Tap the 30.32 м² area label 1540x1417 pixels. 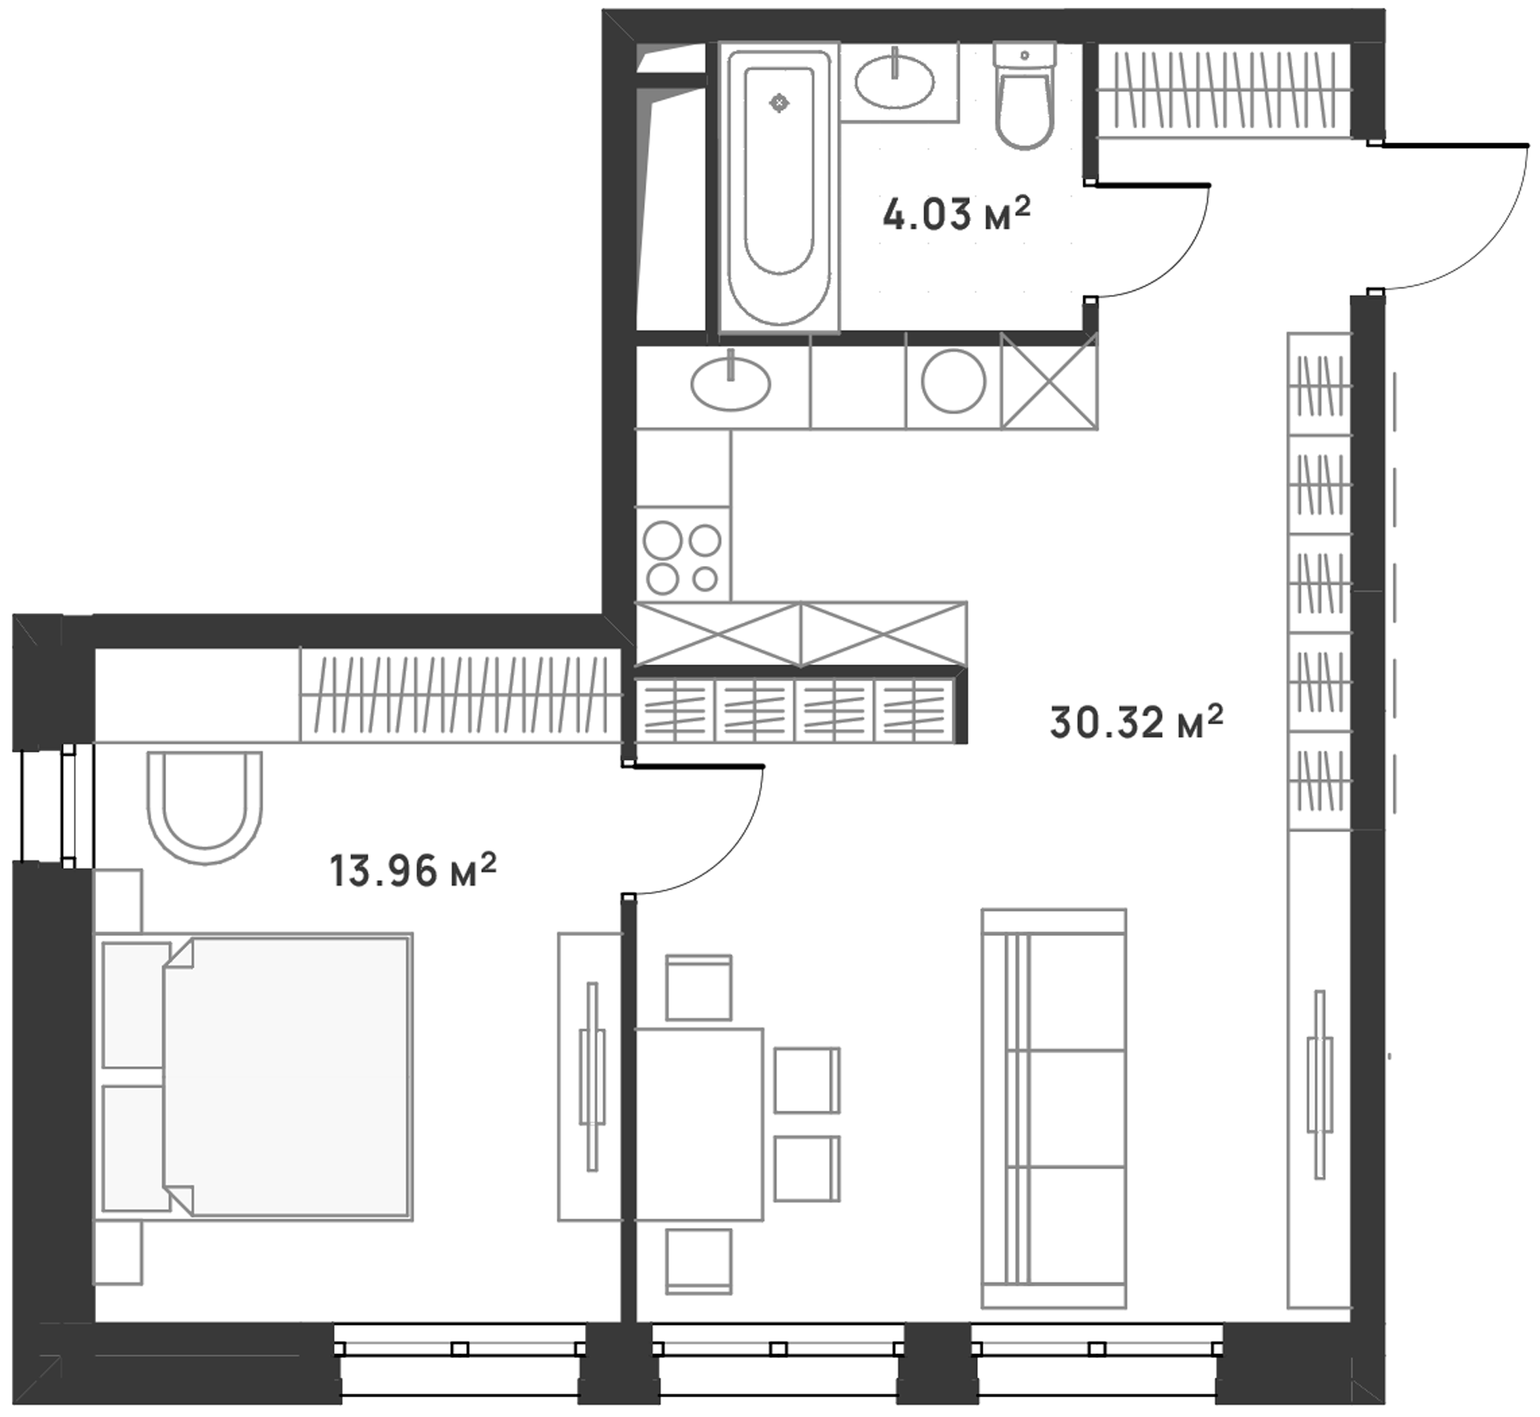(x=1136, y=722)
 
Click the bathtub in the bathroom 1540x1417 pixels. (x=779, y=187)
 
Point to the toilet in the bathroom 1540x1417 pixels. (x=1024, y=96)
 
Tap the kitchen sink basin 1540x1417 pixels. (x=730, y=383)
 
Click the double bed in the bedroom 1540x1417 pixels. (x=254, y=1076)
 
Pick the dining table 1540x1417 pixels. (x=699, y=1124)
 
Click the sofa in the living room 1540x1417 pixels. (x=1053, y=1108)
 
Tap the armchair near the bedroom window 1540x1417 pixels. (x=205, y=807)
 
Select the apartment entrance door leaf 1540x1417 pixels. (x=1453, y=145)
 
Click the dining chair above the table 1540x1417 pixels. (x=698, y=988)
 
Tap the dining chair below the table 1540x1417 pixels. (x=698, y=1261)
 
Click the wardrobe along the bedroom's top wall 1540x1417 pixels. (x=460, y=694)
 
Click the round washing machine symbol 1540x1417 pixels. (x=953, y=383)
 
